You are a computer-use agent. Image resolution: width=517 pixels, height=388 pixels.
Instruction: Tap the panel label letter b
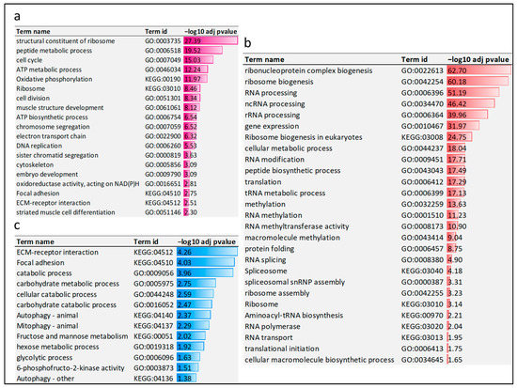click(247, 42)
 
